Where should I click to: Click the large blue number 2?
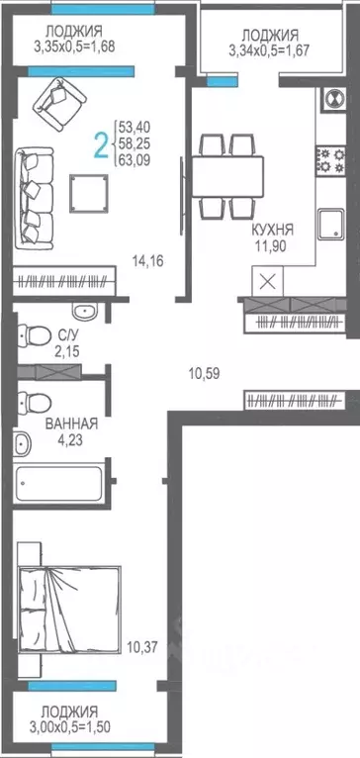100,145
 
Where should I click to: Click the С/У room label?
69,334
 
